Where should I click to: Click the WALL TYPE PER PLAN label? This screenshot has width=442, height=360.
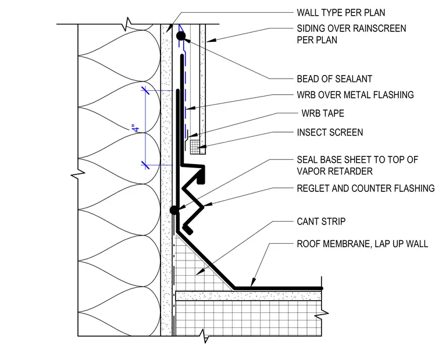(x=341, y=13)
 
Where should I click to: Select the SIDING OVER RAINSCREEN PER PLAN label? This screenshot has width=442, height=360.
(x=351, y=34)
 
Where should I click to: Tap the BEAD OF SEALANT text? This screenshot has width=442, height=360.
(x=334, y=79)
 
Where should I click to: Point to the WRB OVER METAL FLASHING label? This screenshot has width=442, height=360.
(x=355, y=95)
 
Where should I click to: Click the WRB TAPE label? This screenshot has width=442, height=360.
(x=323, y=113)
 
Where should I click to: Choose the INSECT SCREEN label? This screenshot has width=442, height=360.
(x=330, y=132)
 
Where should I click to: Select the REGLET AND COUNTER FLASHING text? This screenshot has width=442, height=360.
(x=366, y=188)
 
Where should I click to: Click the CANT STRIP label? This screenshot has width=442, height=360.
(x=321, y=222)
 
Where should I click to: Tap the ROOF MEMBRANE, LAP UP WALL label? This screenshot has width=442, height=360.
(x=362, y=244)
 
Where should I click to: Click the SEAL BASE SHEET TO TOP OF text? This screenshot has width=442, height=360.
(x=357, y=160)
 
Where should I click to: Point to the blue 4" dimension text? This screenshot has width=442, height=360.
(x=136, y=129)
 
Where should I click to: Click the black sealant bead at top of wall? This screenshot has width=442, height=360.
(x=181, y=36)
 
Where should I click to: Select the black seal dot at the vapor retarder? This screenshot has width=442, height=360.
(x=174, y=210)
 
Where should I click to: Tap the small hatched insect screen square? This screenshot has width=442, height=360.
(x=195, y=147)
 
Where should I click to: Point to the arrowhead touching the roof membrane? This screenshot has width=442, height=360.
(x=253, y=283)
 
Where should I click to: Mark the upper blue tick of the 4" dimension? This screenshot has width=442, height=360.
(x=145, y=90)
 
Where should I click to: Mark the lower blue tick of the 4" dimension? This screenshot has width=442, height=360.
(x=145, y=165)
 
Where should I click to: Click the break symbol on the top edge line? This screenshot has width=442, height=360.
(x=127, y=24)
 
